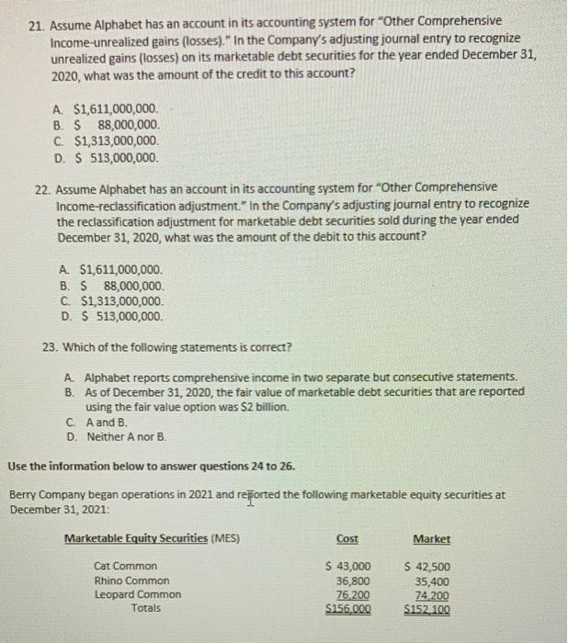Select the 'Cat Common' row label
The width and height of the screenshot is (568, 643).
(x=126, y=566)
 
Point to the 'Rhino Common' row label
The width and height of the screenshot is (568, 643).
(x=131, y=581)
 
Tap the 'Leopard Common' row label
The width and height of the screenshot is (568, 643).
(x=138, y=594)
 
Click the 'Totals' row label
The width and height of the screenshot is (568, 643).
(x=145, y=608)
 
